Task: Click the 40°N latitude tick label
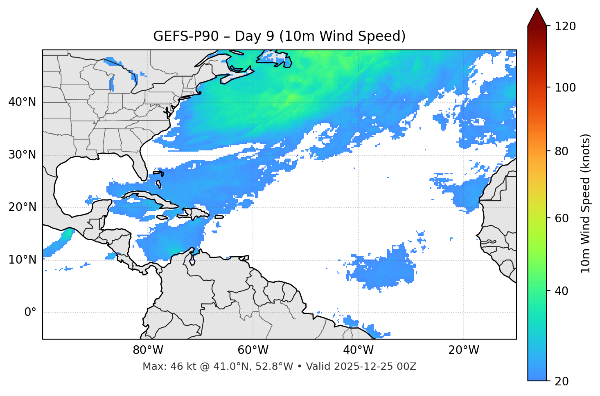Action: pos(22,102)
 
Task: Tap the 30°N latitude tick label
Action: pos(22,155)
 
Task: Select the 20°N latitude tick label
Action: pos(22,207)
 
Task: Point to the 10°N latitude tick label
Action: pos(22,260)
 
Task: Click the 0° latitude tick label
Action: pos(30,313)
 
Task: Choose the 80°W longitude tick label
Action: pos(148,350)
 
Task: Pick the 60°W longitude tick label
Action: pos(253,350)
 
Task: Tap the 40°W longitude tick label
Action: pos(358,350)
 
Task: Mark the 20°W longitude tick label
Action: pos(464,350)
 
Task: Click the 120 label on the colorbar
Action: pos(565,27)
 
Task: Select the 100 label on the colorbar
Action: pos(565,87)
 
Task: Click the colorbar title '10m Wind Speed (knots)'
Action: pos(586,203)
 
